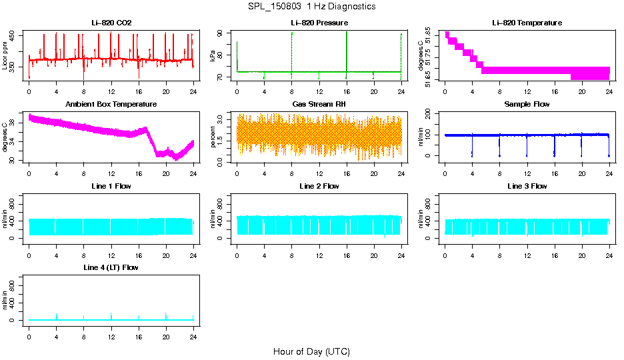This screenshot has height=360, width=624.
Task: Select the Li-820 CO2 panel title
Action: click(x=111, y=23)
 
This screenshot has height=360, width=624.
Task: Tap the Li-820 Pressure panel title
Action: click(x=319, y=23)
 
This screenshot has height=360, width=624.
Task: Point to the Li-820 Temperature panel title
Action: click(x=527, y=23)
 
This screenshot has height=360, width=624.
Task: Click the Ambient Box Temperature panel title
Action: click(x=111, y=105)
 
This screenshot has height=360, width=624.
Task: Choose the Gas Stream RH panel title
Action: click(x=319, y=105)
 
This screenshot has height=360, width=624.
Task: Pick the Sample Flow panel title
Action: click(x=527, y=105)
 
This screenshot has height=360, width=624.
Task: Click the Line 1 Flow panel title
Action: click(x=111, y=186)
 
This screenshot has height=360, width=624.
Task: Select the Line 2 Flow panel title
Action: click(x=319, y=186)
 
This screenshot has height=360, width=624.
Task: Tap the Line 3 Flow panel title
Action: click(x=527, y=186)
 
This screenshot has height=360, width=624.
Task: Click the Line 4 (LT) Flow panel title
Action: click(x=111, y=267)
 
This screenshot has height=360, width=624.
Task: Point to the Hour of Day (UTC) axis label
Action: click(x=311, y=351)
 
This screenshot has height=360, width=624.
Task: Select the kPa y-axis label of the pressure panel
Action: click(x=213, y=56)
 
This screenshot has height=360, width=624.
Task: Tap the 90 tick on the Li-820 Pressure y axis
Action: click(x=222, y=33)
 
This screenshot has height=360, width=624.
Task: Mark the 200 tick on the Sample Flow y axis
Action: click(x=431, y=115)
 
